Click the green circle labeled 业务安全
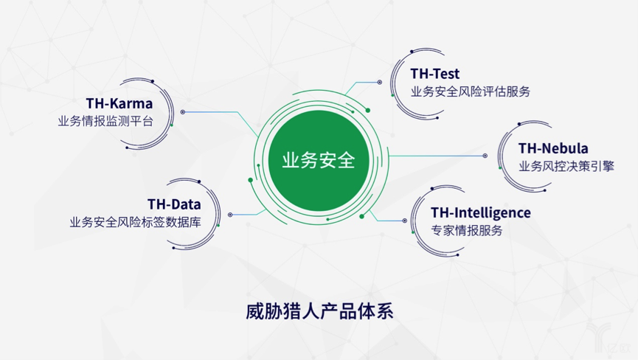tap(318, 160)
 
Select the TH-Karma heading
tap(119, 103)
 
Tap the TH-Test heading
tap(434, 74)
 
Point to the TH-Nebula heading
tap(553, 148)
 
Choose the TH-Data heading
tap(174, 204)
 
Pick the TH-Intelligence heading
tap(481, 212)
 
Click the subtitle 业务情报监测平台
tap(105, 121)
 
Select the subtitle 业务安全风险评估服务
tap(471, 91)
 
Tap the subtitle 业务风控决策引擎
tap(566, 166)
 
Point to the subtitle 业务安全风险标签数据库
tap(135, 222)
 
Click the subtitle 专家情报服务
tap(466, 230)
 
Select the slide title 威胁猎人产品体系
tap(319, 311)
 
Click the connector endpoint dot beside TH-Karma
tap(183, 112)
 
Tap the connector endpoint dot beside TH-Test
tap(380, 82)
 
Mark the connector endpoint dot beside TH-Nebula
tap(485, 156)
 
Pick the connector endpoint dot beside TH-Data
tap(230, 215)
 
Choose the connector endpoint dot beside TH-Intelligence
tap(404, 221)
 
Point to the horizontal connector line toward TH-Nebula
tap(436, 156)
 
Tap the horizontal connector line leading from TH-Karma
tap(211, 112)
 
